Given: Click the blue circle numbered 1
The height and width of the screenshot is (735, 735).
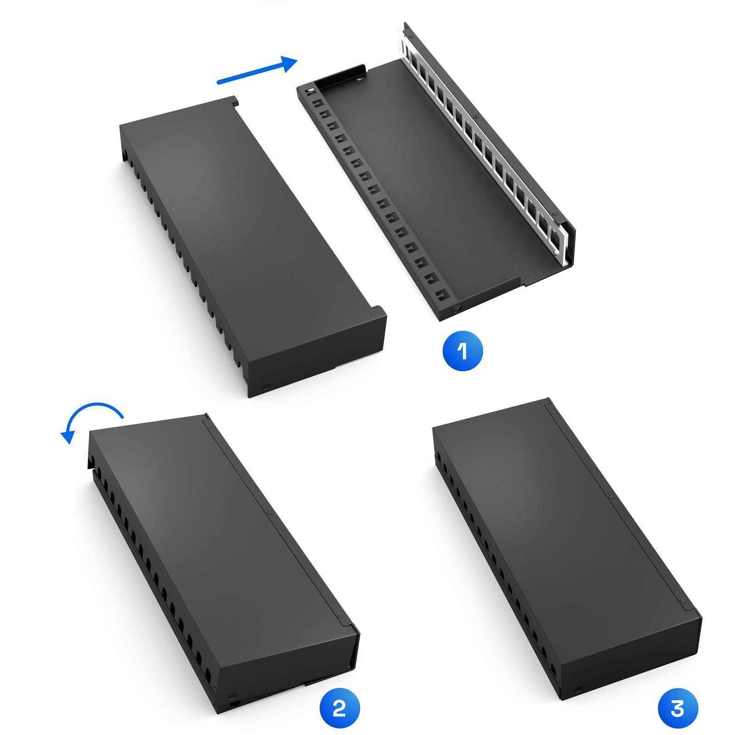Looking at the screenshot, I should pos(463,351).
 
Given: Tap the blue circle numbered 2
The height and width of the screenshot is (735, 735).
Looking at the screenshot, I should pos(339,708).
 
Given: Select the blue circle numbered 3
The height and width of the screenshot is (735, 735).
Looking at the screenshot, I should pos(678,708).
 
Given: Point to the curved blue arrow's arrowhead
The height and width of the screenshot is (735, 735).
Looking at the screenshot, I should pos(67,437).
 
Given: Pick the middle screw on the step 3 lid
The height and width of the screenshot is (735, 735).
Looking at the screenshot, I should pos(611,497).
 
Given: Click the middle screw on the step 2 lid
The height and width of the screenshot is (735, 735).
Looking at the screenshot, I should pos(270,512).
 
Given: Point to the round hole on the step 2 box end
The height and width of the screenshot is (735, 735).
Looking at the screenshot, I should pos(232,696).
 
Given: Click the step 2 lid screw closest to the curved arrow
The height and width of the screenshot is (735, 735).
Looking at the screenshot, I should pos(211,427).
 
